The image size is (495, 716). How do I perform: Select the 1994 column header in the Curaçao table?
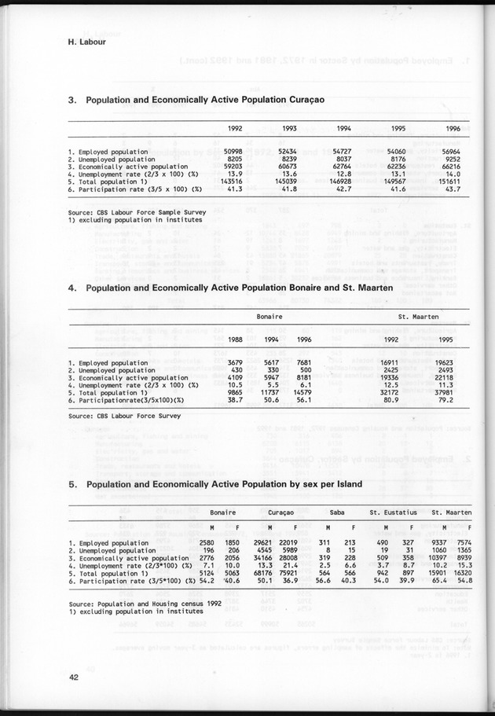coord(343,128)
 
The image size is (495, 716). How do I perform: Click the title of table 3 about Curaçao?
coord(196,101)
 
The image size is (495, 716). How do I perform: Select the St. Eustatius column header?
coord(398,511)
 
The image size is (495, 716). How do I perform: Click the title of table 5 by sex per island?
coord(215,484)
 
